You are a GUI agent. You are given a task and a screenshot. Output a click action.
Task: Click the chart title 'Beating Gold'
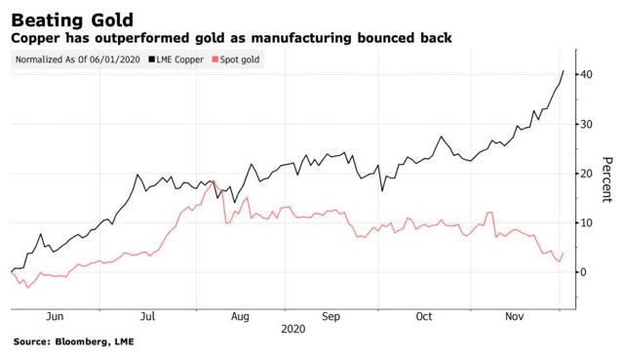(73, 17)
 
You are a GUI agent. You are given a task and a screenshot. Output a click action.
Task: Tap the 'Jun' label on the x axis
(55, 316)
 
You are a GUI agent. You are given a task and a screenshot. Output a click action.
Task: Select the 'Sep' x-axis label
(332, 316)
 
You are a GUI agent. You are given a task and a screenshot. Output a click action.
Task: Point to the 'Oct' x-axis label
(424, 316)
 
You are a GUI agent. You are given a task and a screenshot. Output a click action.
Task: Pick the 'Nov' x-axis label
(516, 316)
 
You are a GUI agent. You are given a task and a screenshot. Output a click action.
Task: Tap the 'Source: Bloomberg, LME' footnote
(73, 342)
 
